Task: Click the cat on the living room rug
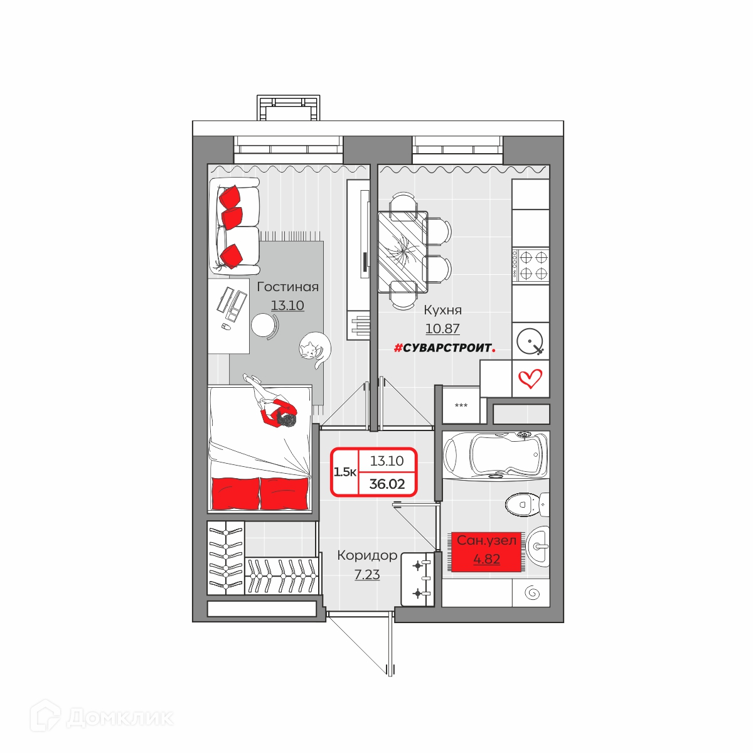pyautogui.click(x=314, y=349)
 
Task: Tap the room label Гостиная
pyautogui.click(x=287, y=287)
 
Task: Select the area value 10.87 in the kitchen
pyautogui.click(x=442, y=329)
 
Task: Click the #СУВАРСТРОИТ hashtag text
pyautogui.click(x=445, y=348)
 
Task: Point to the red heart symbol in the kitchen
pyautogui.click(x=530, y=378)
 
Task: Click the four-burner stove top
pyautogui.click(x=530, y=265)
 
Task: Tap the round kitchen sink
pyautogui.click(x=530, y=341)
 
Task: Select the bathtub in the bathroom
pyautogui.click(x=496, y=455)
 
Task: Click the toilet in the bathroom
pyautogui.click(x=526, y=505)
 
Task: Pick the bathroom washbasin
pyautogui.click(x=538, y=545)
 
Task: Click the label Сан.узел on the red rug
pyautogui.click(x=486, y=540)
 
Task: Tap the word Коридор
pyautogui.click(x=367, y=555)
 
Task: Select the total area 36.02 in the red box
pyautogui.click(x=387, y=484)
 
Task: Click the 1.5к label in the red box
pyautogui.click(x=344, y=472)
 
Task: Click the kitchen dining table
pyautogui.click(x=402, y=252)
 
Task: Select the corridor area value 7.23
pyautogui.click(x=367, y=575)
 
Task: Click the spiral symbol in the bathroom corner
pyautogui.click(x=532, y=593)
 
